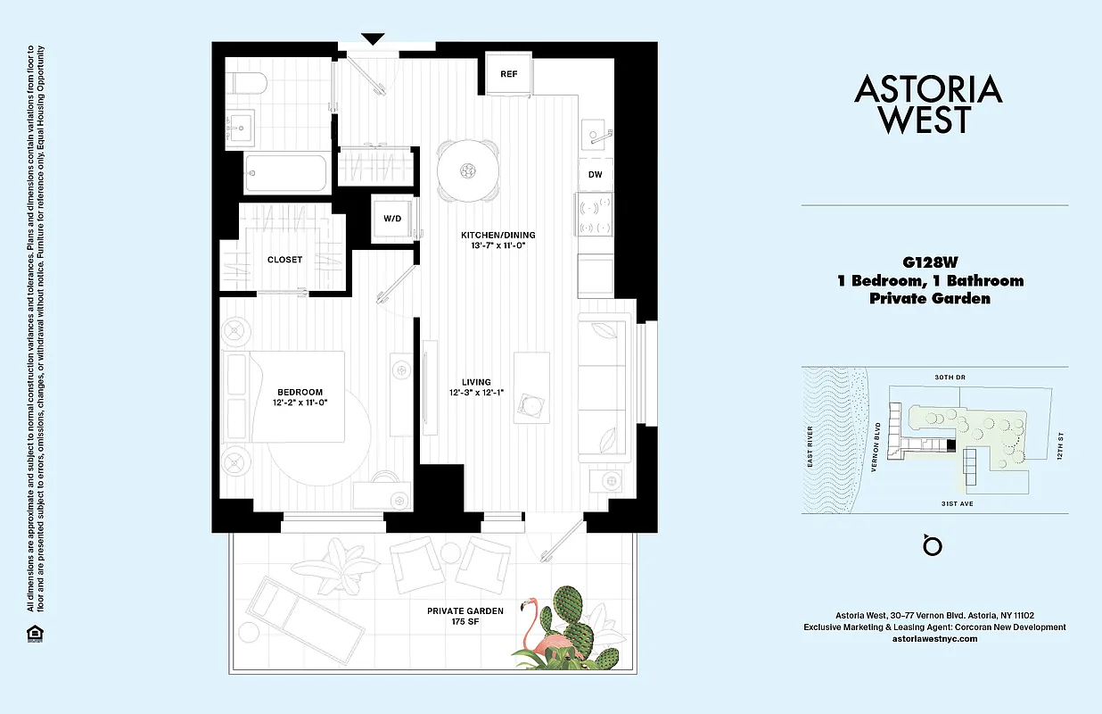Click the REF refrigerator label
[508, 74]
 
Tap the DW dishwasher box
[595, 175]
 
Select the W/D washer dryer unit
[392, 218]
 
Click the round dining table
[467, 170]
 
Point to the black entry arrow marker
[373, 38]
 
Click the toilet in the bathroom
[246, 85]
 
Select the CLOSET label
[284, 260]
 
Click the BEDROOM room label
[300, 392]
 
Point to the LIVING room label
[476, 382]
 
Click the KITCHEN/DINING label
[498, 235]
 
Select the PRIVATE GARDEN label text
[465, 610]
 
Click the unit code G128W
[929, 262]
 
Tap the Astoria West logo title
[928, 104]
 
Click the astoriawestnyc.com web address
[934, 639]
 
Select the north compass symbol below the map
[933, 544]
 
